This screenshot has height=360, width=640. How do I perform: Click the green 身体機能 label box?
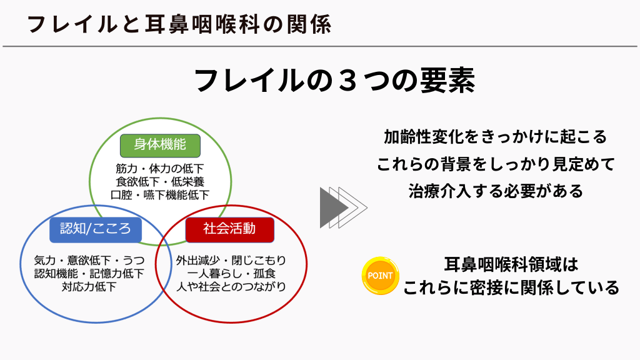click(160, 146)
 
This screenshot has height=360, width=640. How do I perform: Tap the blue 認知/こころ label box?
click(96, 230)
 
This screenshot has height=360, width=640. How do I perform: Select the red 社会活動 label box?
click(230, 230)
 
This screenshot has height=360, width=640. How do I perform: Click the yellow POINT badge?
click(380, 276)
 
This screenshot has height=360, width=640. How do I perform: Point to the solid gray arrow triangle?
click(331, 207)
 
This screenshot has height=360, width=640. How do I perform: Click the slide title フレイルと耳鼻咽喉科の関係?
click(179, 24)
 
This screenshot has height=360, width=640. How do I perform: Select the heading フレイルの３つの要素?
click(334, 81)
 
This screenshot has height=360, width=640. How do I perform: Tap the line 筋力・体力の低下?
click(159, 169)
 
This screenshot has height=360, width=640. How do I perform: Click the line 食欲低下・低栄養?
click(159, 182)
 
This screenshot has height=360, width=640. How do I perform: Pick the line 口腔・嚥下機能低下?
click(159, 195)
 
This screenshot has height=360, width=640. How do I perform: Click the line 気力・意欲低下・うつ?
click(89, 261)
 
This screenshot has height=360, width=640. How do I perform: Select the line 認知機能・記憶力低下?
click(89, 274)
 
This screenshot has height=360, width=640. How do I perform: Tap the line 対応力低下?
click(89, 286)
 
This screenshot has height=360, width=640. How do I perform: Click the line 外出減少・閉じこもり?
click(231, 261)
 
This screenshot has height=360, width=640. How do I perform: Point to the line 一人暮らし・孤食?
click(231, 274)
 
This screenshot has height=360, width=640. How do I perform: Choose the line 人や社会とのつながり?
click(231, 286)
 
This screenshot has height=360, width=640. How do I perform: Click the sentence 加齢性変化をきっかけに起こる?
click(496, 137)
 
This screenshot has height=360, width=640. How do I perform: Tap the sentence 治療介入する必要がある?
click(496, 191)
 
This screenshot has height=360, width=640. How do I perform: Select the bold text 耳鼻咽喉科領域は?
click(511, 264)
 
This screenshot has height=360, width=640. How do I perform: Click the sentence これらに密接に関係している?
click(511, 287)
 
